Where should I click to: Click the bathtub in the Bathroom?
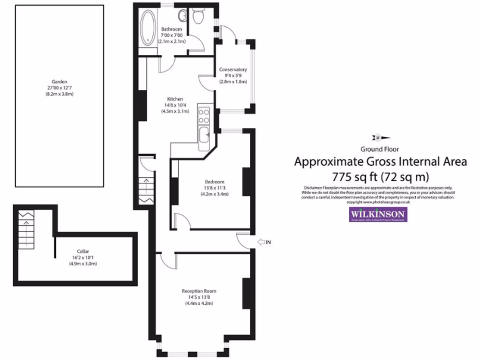(149, 27)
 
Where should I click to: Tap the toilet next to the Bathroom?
(197, 17)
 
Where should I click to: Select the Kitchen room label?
(175, 99)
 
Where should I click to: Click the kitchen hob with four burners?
(204, 116)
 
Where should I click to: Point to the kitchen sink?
(204, 136)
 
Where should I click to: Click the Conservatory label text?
(233, 70)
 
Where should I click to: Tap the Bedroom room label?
(214, 182)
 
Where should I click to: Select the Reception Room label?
(199, 291)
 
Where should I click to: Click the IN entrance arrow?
(264, 242)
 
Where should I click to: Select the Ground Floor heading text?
(379, 150)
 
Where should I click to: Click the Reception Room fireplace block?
(246, 293)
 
